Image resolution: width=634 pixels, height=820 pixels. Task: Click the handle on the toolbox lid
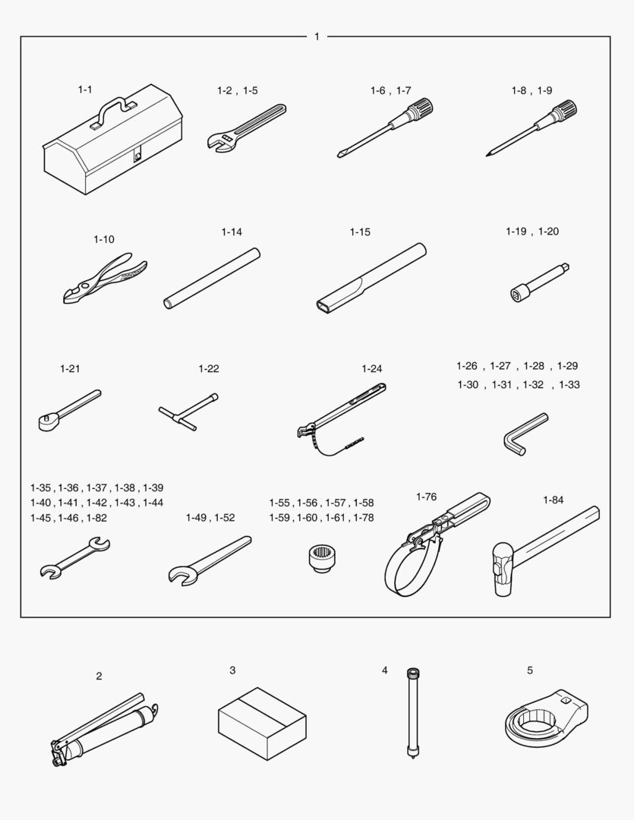112,110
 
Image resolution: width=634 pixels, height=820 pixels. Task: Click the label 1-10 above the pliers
103,239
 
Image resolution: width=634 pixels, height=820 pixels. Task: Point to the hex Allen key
523,433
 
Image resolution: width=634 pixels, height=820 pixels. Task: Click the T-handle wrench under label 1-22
188,412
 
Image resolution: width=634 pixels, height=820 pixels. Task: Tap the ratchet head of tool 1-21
47,421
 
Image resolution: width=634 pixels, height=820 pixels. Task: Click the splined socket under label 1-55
320,558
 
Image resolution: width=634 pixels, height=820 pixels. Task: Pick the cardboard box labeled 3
262,724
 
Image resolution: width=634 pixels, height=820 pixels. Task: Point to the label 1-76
426,497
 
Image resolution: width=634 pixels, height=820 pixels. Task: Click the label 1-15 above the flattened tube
360,232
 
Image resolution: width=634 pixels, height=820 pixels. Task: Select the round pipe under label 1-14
212,278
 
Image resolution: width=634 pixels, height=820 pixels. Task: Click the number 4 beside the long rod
384,670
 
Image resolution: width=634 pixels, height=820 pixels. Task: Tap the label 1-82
96,518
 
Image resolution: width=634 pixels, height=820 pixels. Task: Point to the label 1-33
569,385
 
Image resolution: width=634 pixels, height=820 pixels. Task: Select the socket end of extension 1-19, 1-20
519,293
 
